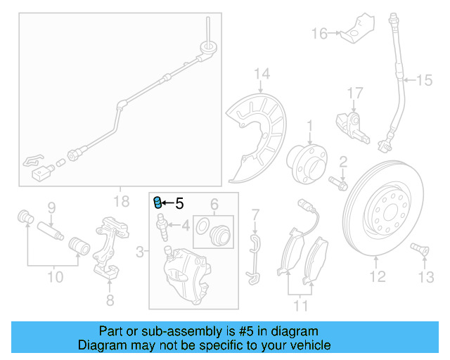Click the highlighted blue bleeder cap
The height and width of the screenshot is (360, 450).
[x=157, y=203]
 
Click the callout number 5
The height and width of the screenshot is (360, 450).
[x=179, y=204]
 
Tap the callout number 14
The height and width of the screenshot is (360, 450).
[x=262, y=74]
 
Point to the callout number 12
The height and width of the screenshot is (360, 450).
[x=378, y=277]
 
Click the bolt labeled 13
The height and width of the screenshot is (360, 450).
[x=417, y=248]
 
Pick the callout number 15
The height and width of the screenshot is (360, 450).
[x=424, y=81]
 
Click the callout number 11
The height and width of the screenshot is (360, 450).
[x=301, y=306]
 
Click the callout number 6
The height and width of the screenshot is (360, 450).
[x=214, y=205]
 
